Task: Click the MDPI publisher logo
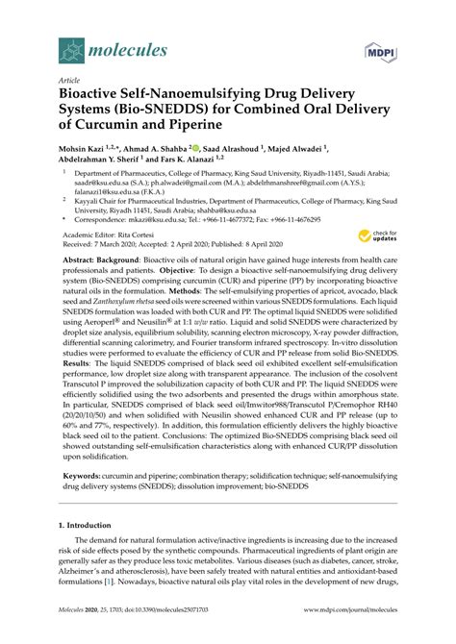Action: point(379,48)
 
